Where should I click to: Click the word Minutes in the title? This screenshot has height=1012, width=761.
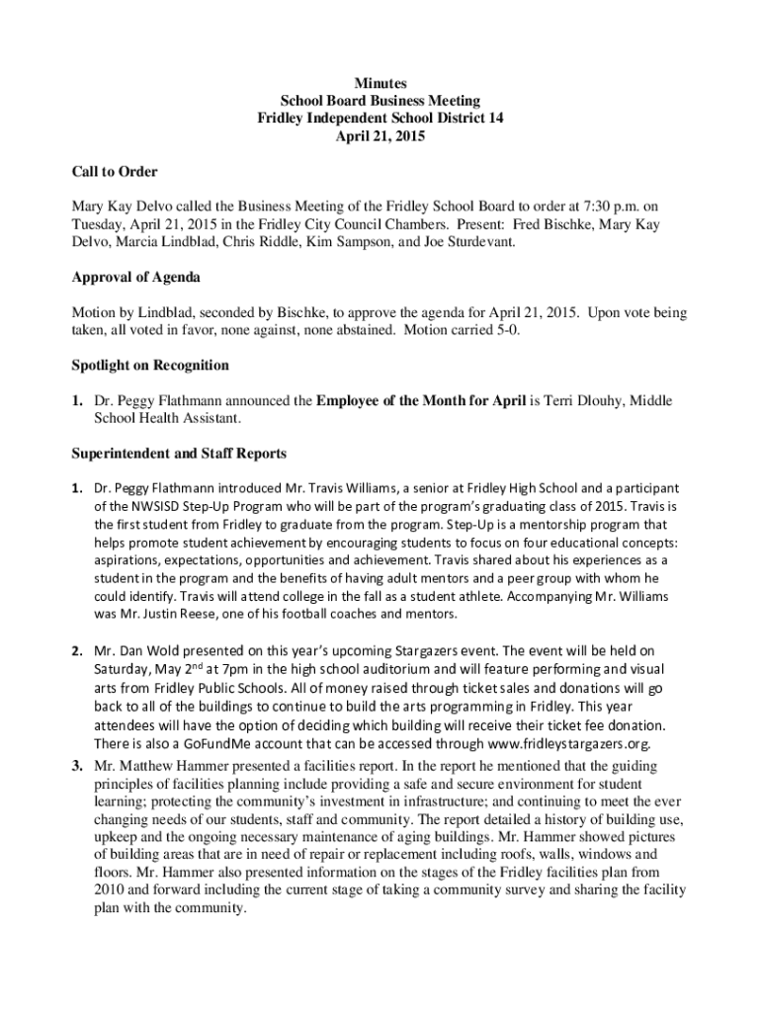(380, 84)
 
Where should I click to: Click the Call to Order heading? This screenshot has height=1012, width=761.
(115, 172)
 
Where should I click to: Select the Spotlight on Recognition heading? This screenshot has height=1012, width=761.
(150, 366)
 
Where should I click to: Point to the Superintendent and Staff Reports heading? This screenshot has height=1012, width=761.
(179, 454)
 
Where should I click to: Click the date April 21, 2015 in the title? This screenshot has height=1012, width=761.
(380, 137)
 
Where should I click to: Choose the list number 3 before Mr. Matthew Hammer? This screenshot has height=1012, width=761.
(75, 766)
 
